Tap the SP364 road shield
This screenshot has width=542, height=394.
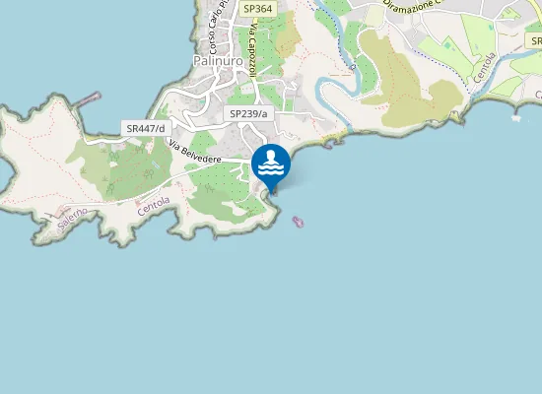pyautogui.click(x=257, y=8)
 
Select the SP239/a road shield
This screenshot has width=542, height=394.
pyautogui.click(x=248, y=114)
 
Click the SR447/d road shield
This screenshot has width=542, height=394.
pyautogui.click(x=145, y=128)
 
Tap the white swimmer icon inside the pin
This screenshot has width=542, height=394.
pyautogui.click(x=271, y=163)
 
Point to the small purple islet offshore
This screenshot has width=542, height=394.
pyautogui.click(x=298, y=222)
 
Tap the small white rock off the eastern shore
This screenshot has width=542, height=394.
pyautogui.click(x=516, y=118)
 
